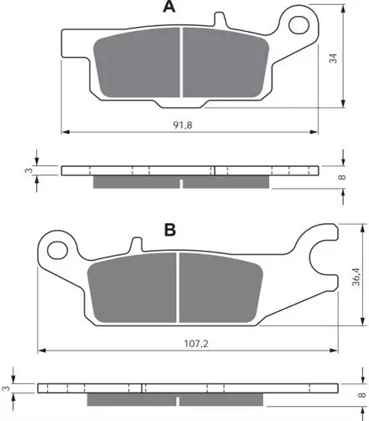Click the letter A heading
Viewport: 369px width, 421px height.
point(169,7)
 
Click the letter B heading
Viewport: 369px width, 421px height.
point(170,230)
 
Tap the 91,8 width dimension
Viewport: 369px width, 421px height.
point(183,125)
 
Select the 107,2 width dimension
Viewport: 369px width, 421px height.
point(196,344)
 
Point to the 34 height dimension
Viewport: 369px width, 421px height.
point(333,58)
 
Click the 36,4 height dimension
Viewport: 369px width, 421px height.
point(356,277)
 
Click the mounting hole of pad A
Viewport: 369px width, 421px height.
point(299,25)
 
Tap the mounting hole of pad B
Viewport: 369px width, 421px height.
point(58,251)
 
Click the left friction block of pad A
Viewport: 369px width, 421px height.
point(137,63)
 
